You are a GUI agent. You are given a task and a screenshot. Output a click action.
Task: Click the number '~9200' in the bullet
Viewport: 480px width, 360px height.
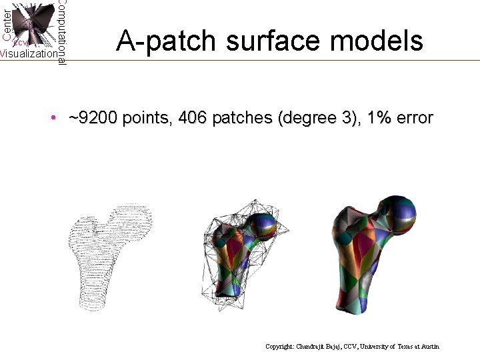pos(92,119)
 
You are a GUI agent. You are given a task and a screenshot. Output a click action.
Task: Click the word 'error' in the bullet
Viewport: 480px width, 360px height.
pos(415,119)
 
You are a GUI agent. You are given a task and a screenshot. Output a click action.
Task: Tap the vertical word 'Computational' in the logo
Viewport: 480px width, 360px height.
pos(61,32)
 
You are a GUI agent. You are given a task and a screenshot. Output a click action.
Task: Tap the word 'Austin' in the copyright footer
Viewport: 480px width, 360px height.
pos(429,347)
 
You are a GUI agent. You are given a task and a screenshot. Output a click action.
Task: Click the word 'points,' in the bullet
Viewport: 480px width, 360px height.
pos(147,119)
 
